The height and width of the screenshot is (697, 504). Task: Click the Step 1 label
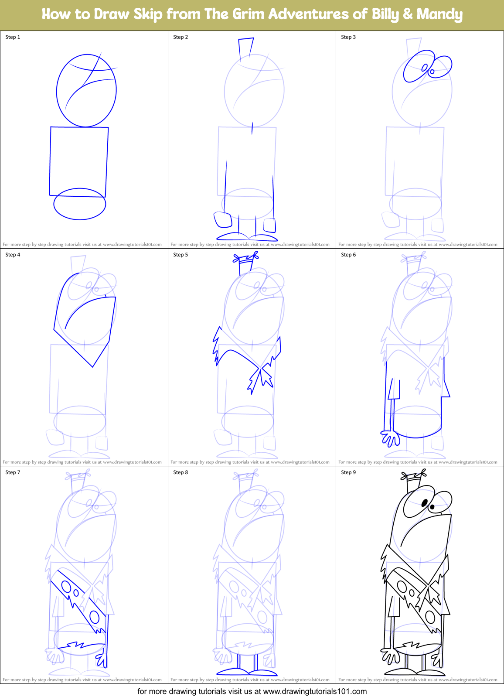point(13,37)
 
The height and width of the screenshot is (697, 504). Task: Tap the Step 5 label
point(180,255)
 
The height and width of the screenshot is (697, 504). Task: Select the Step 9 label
point(348,472)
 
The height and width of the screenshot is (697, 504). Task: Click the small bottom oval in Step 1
point(80,204)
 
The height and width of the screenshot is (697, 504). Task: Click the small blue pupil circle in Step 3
point(432,71)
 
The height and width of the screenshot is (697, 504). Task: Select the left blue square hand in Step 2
point(223,219)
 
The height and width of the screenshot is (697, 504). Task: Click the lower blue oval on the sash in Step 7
point(95,617)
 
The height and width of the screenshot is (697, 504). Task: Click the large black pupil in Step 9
point(424,503)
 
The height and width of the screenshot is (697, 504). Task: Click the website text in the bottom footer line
point(315,691)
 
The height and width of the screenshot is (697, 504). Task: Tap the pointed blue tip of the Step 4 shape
point(92,367)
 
